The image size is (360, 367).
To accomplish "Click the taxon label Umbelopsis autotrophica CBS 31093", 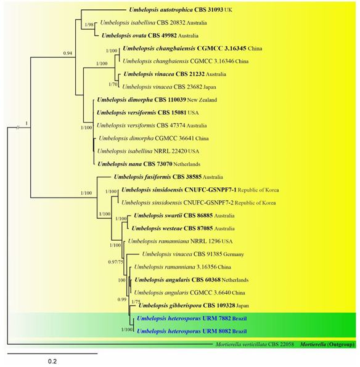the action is click(x=176, y=10).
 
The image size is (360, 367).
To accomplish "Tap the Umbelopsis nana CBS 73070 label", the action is click(x=135, y=164).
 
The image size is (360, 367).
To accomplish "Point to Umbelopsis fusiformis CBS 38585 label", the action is click(x=158, y=177).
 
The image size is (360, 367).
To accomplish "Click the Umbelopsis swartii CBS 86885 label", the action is click(x=173, y=216).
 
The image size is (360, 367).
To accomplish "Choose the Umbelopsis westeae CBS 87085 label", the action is click(x=172, y=228).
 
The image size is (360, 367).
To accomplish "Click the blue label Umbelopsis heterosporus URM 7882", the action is click(x=184, y=318).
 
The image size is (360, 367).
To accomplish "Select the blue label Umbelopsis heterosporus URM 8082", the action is click(x=184, y=331).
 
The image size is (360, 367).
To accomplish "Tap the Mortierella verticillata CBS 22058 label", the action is click(x=255, y=344).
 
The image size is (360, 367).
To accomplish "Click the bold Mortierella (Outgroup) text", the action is click(x=327, y=344).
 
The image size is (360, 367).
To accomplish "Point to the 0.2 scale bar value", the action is click(x=52, y=361).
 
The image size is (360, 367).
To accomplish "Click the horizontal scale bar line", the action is click(x=52, y=353).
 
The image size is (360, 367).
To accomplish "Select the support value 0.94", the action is click(x=68, y=53).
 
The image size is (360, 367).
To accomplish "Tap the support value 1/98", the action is click(x=89, y=25).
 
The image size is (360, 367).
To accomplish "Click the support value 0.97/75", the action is click(x=115, y=262).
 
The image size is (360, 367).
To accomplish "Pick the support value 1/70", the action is click(x=113, y=84).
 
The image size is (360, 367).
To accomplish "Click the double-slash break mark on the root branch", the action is click(x=18, y=127).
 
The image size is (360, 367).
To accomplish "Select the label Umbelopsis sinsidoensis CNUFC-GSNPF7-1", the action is click(x=179, y=190).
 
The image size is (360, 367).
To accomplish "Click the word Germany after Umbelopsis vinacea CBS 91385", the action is click(x=234, y=254).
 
